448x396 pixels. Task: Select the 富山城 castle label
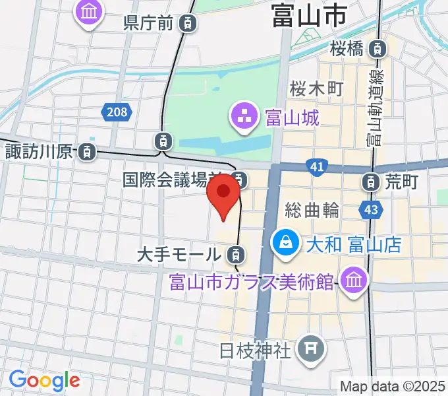tap(292, 119)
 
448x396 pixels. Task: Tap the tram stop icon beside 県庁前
tap(188, 24)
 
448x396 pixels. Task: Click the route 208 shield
tap(116, 112)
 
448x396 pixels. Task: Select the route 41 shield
tap(318, 168)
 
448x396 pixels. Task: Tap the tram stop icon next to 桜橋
tap(378, 48)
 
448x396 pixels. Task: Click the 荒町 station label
tap(402, 180)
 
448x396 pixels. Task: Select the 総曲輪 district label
tap(312, 210)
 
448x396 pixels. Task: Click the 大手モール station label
tap(179, 253)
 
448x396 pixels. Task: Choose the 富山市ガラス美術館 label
tap(252, 282)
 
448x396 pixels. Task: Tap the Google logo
tap(44, 381)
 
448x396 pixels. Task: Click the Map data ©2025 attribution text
tap(391, 386)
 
